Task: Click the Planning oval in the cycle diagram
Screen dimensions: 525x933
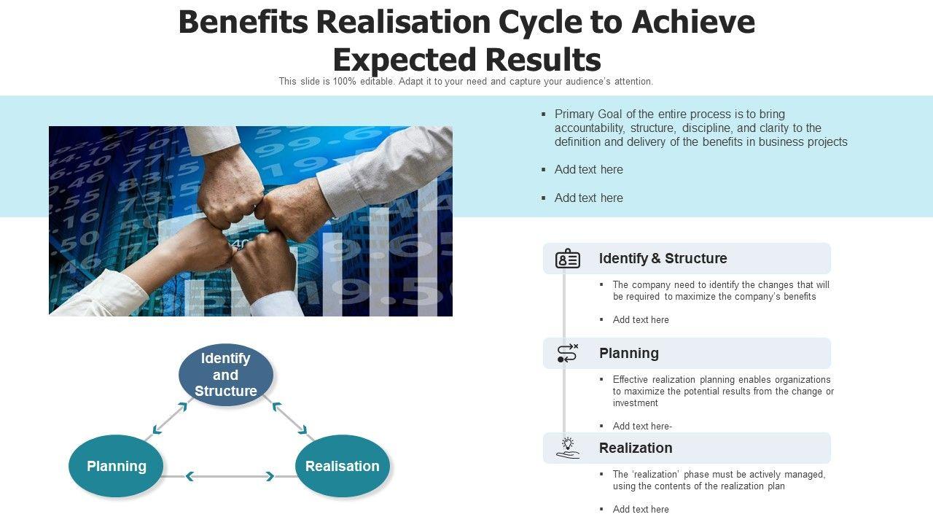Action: pyautogui.click(x=116, y=466)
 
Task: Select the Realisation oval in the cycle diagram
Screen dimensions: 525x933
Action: pyautogui.click(x=342, y=466)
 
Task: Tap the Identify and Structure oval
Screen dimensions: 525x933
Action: pyautogui.click(x=225, y=375)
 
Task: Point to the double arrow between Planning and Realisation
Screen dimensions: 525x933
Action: pyautogui.click(x=230, y=476)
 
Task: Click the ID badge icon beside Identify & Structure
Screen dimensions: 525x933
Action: pyautogui.click(x=568, y=259)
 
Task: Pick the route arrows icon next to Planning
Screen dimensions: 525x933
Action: pyautogui.click(x=568, y=353)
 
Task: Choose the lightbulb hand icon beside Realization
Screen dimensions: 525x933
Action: pyautogui.click(x=568, y=448)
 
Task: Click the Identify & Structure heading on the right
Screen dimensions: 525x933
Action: pyautogui.click(x=663, y=258)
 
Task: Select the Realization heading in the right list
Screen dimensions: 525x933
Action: pyautogui.click(x=636, y=448)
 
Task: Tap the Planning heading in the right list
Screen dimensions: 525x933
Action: pyautogui.click(x=629, y=353)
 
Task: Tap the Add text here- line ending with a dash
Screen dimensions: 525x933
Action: pyautogui.click(x=642, y=426)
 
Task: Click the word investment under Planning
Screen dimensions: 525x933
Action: pyautogui.click(x=636, y=402)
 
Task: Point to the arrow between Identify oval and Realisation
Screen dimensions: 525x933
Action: pyautogui.click(x=289, y=419)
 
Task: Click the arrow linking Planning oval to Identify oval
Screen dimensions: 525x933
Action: pyautogui.click(x=169, y=418)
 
